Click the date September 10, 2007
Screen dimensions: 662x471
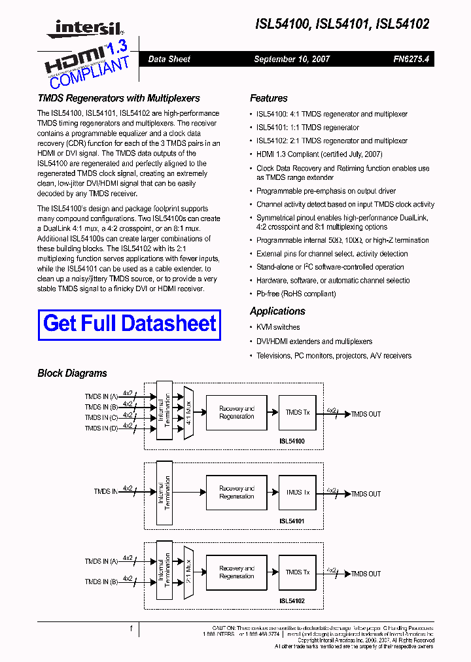[x=292, y=59]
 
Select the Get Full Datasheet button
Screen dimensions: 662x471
[x=130, y=324]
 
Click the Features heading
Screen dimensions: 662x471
[x=268, y=98]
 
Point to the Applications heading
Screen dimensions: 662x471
[x=277, y=311]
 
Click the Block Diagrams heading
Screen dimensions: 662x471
[x=72, y=374]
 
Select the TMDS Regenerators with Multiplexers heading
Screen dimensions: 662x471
[x=118, y=98]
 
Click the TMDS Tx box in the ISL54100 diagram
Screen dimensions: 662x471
[x=298, y=413]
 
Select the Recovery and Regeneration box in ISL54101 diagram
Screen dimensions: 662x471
[x=237, y=493]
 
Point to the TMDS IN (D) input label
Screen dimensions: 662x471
[x=101, y=428]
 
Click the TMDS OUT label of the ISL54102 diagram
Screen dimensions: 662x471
[x=366, y=574]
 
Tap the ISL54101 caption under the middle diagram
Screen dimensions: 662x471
[x=292, y=521]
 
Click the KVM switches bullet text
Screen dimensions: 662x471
[x=278, y=327]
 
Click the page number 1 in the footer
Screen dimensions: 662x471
[x=131, y=629]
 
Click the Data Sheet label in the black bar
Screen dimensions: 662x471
[x=169, y=59]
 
